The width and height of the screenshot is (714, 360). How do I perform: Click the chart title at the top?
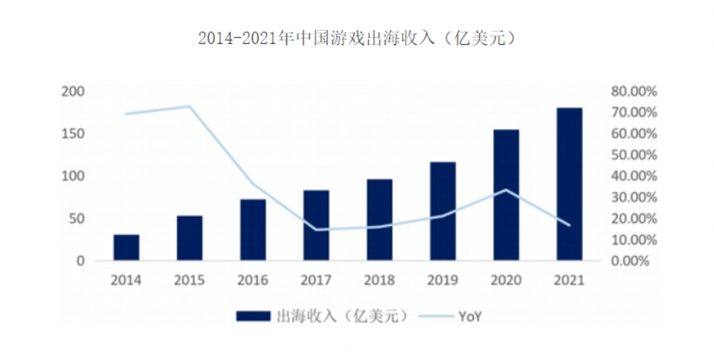(357, 38)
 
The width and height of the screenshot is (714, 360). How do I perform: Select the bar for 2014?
(126, 248)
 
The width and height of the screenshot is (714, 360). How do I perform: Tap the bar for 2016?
(252, 230)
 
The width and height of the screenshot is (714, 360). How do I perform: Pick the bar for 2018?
(379, 220)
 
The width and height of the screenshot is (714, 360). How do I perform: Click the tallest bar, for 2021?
(569, 185)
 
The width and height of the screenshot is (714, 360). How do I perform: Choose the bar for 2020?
(506, 195)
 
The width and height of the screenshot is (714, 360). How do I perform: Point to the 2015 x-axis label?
(190, 280)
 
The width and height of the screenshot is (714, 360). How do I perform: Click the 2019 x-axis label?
(443, 280)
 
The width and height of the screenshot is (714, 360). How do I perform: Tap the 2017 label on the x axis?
(316, 280)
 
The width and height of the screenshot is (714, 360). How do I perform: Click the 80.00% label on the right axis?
(635, 91)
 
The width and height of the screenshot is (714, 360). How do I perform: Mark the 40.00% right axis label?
(635, 176)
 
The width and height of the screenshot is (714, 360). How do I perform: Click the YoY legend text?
(471, 316)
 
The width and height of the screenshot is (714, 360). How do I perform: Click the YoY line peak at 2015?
(189, 106)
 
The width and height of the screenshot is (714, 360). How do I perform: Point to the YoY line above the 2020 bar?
(506, 190)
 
